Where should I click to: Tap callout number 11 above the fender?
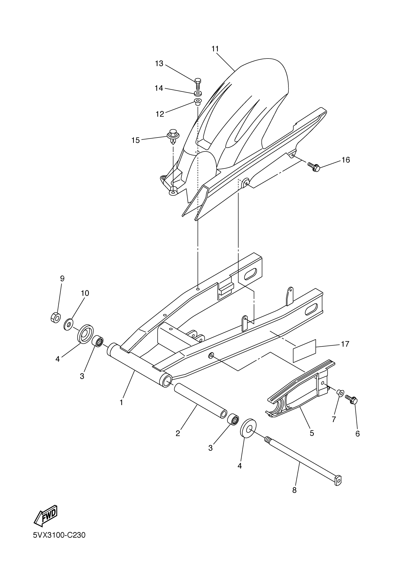(x=215, y=49)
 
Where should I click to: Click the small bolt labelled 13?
(x=198, y=83)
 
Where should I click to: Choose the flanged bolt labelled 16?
(x=314, y=167)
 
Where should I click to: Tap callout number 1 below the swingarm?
(x=121, y=402)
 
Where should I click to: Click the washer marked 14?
(x=198, y=93)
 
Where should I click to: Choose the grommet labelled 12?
(x=197, y=102)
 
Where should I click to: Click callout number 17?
(x=345, y=344)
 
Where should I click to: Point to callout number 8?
(x=294, y=490)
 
